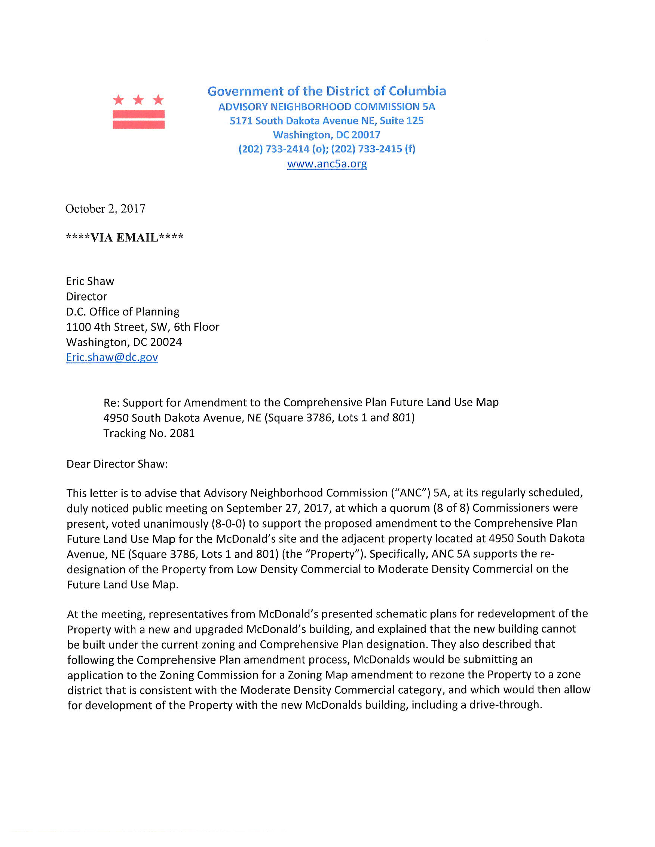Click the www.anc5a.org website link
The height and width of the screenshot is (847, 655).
[327, 164]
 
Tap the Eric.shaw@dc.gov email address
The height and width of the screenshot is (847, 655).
[112, 357]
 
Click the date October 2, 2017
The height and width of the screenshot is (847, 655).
[105, 209]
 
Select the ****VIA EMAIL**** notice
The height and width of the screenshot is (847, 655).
[125, 237]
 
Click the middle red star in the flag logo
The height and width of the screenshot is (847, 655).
[138, 100]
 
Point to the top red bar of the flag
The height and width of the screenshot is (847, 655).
[138, 114]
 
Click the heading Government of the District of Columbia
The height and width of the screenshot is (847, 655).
[326, 91]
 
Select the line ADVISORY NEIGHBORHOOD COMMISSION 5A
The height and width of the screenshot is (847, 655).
[326, 107]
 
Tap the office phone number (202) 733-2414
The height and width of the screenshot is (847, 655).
[274, 149]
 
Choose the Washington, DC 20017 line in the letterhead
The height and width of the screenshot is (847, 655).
[326, 135]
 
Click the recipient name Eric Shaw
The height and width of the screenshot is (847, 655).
[90, 281]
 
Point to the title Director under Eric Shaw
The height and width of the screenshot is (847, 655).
[86, 297]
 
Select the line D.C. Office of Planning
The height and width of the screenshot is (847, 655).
[123, 312]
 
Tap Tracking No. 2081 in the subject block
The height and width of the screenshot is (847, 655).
[149, 433]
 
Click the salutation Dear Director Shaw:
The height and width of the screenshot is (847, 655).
[117, 464]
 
